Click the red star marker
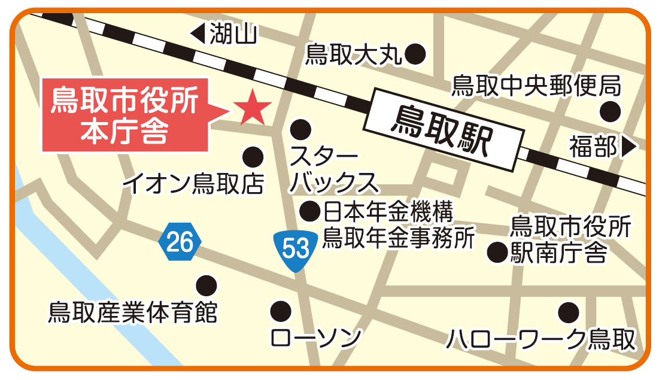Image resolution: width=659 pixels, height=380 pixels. pyautogui.click(x=252, y=107)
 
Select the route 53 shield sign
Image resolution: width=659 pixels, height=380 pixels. pyautogui.click(x=294, y=248)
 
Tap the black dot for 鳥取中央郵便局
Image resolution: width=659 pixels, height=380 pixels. pyautogui.click(x=611, y=111)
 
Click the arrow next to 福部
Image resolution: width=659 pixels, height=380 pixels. pyautogui.click(x=628, y=147)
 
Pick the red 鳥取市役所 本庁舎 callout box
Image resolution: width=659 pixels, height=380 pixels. pyautogui.click(x=125, y=114)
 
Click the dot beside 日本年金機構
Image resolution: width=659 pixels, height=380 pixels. pyautogui.click(x=310, y=211)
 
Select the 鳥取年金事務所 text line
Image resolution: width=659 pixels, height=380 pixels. pyautogui.click(x=399, y=238)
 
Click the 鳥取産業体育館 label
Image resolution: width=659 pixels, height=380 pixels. pyautogui.click(x=133, y=311)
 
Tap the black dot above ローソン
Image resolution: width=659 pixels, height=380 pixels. pyautogui.click(x=280, y=311)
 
